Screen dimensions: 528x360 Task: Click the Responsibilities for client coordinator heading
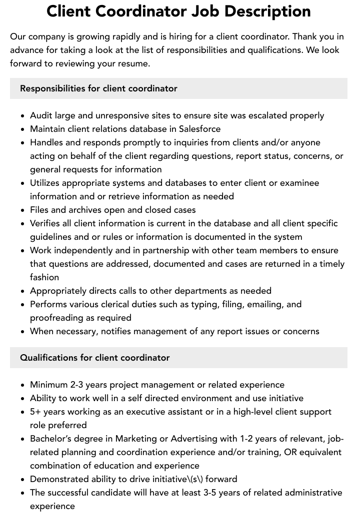point(98,88)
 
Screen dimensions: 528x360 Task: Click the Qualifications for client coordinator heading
point(95,358)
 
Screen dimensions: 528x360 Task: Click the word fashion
point(44,277)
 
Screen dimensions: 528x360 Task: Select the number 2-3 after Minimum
point(77,385)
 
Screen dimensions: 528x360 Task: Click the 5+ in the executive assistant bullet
point(35,412)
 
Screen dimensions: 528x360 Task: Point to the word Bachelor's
point(51,439)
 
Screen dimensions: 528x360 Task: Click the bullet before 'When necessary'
point(23,332)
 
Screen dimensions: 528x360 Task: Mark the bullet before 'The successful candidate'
point(23,493)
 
